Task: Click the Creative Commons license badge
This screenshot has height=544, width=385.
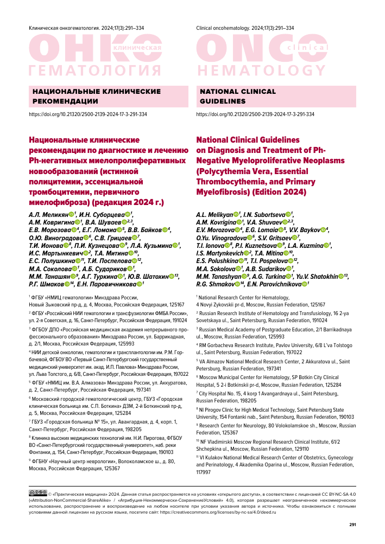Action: pos(37,492)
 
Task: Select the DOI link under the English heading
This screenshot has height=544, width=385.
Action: pos(255,115)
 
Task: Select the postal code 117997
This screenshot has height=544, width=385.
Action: pos(205,472)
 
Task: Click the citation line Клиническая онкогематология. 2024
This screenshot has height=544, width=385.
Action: pos(80,28)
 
